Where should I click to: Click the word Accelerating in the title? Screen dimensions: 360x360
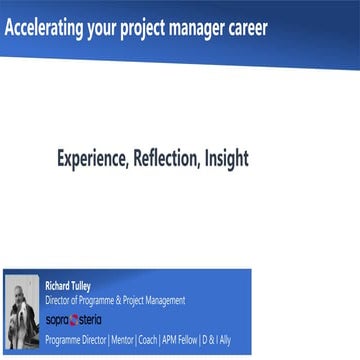(x=41, y=27)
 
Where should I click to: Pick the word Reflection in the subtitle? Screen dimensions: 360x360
(x=167, y=158)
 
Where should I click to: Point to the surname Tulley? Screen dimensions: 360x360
(x=83, y=284)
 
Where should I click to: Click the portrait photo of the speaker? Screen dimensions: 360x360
(x=22, y=310)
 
